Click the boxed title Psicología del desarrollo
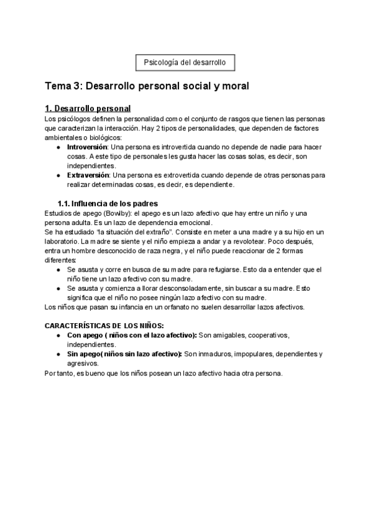[x=185, y=63]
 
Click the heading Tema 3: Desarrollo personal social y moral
[x=147, y=86]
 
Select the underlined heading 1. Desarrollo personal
[x=88, y=109]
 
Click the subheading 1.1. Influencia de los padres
[x=107, y=203]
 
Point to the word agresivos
[x=83, y=364]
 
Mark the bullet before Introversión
[x=58, y=147]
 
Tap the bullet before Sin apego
[x=58, y=354]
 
